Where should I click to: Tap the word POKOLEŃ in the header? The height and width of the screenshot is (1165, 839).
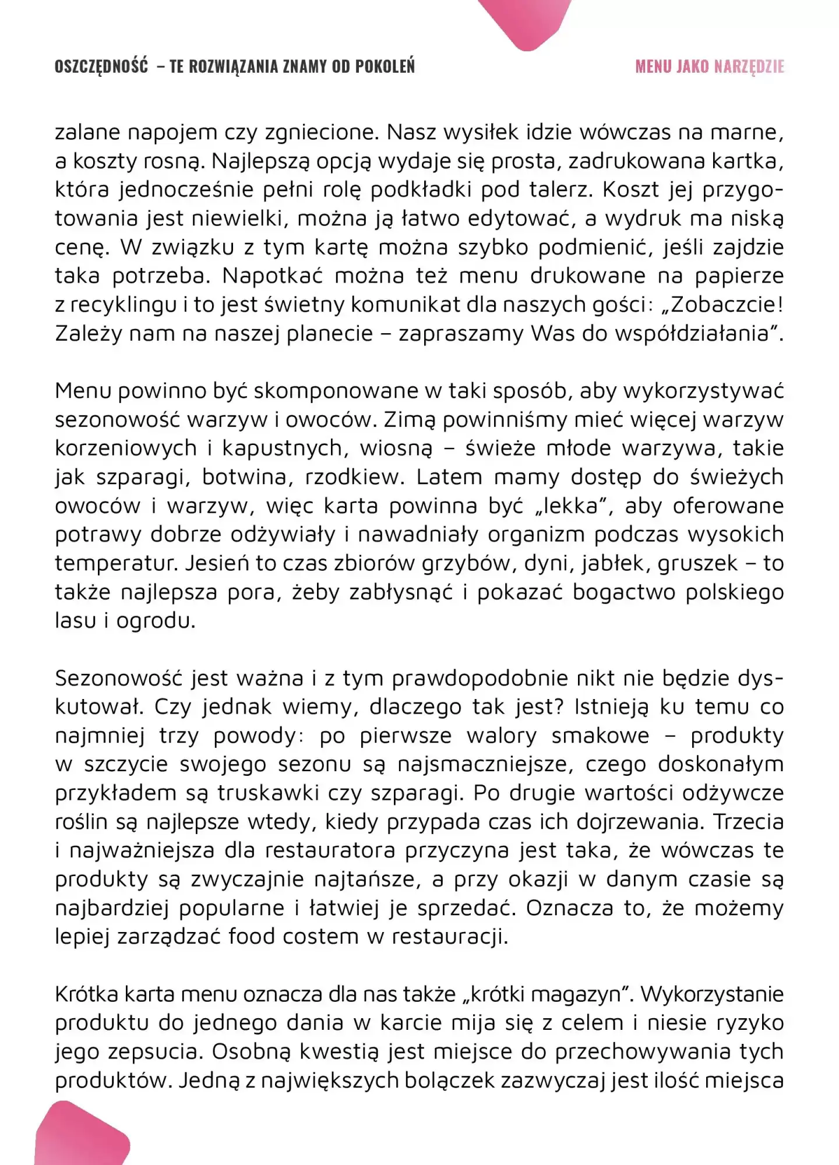385,66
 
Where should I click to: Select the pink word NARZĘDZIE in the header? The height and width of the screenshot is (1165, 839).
749,66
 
